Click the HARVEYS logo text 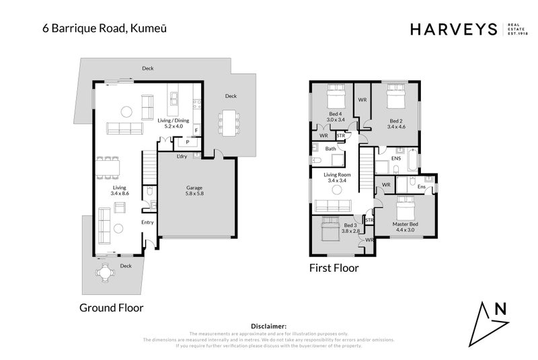tap(453, 29)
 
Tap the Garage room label tap(194, 188)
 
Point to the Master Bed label tap(405, 224)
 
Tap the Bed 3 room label tap(350, 225)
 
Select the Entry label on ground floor tap(147, 222)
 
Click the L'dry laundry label tap(182, 157)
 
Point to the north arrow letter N tap(500, 310)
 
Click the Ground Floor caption tap(112, 308)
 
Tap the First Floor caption tap(334, 268)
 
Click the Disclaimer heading tap(268, 325)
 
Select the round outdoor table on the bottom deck tap(106, 273)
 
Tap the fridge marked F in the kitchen tap(196, 130)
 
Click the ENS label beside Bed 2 tap(396, 159)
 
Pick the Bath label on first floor tap(330, 149)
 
